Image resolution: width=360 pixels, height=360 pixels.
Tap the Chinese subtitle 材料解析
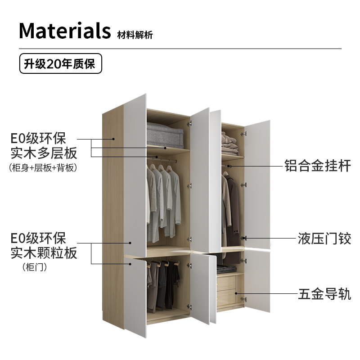tap(135, 35)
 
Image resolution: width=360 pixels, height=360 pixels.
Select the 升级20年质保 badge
tap(60, 64)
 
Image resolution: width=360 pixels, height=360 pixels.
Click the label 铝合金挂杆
tap(317, 165)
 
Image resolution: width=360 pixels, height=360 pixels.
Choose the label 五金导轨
tap(324, 295)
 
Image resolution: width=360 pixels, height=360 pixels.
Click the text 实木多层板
tap(44, 153)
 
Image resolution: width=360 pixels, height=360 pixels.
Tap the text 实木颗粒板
tap(44, 252)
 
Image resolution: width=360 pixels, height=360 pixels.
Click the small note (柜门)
tap(35, 267)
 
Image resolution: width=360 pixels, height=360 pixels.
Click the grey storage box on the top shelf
tap(165, 134)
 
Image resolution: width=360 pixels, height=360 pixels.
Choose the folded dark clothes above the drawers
tap(226, 270)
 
